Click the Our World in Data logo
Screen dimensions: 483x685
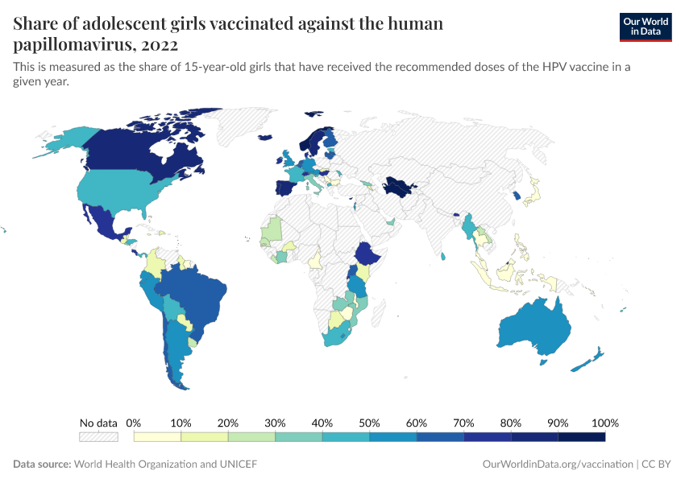pos(645,26)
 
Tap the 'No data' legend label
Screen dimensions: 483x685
pos(98,423)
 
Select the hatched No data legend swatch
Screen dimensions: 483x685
pos(98,437)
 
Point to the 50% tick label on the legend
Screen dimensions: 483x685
pos(369,423)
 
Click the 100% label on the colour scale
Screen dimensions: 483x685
pos(604,423)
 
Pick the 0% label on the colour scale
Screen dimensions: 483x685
pos(135,423)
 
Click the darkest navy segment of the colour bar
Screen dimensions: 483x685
pos(581,437)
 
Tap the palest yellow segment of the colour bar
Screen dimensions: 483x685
pos(158,437)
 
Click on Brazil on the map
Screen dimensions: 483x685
pos(193,294)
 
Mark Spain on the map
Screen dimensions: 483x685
pos(284,190)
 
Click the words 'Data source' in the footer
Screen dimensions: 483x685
pos(42,464)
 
